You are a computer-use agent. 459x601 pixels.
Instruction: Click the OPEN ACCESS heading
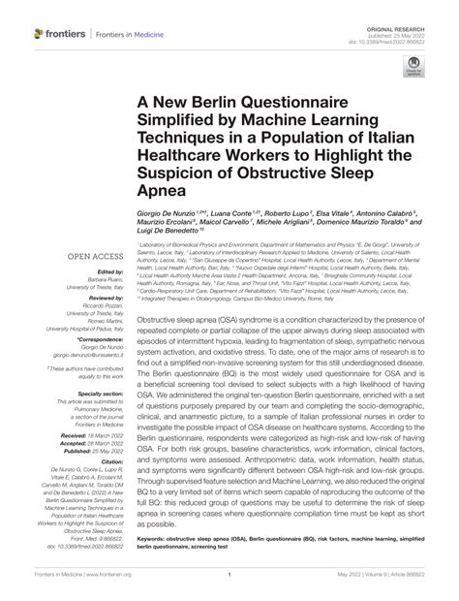[x=94, y=257]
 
